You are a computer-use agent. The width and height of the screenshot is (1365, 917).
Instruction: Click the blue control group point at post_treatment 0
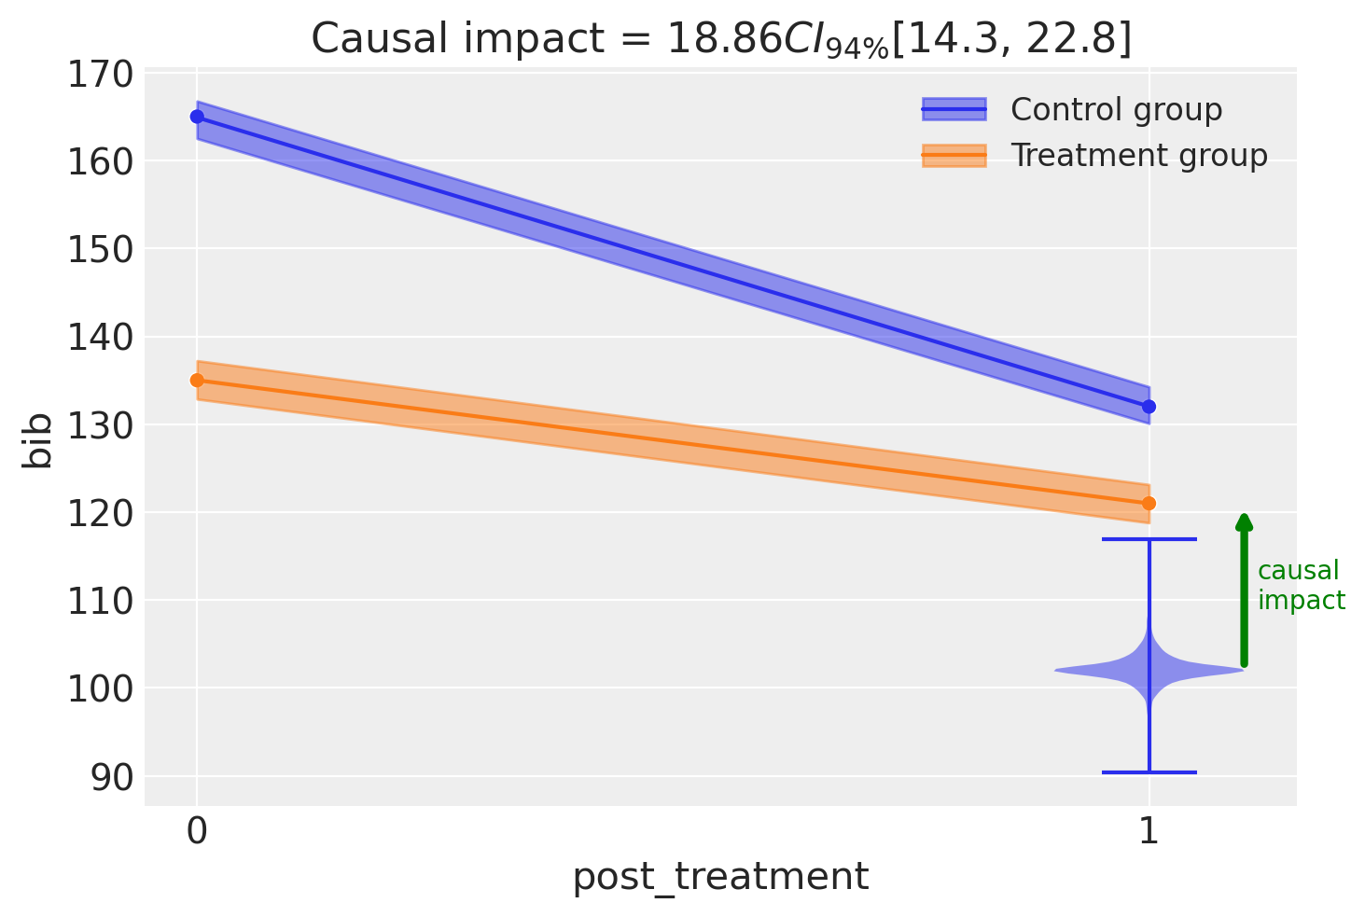coord(197,117)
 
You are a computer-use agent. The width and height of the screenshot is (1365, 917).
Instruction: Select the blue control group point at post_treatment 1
coord(1149,407)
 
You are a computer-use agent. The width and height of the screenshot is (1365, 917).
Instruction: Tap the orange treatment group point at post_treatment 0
coord(197,381)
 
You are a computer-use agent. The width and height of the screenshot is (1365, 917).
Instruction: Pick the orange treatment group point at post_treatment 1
coord(1149,504)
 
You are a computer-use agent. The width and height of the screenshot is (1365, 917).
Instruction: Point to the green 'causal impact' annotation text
coord(1301,586)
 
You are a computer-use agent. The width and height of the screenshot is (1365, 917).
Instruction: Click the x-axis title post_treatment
coord(720,878)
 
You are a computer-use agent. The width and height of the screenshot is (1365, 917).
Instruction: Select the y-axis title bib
coord(39,442)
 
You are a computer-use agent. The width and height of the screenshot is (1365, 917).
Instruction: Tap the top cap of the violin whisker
coord(1149,539)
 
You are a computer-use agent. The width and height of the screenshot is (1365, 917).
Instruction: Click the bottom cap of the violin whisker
coord(1149,772)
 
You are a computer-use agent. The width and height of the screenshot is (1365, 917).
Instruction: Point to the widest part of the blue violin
coord(1149,670)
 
